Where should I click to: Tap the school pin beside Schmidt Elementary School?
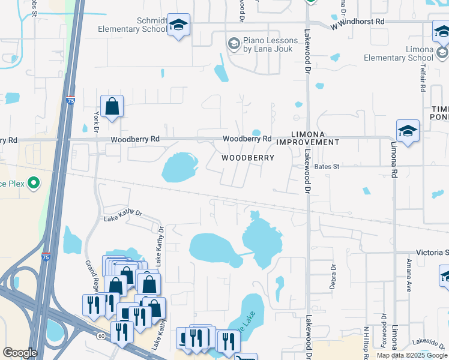(178, 25)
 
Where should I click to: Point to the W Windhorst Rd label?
(358, 22)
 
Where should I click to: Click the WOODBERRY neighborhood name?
(248, 158)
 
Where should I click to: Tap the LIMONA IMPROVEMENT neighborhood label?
(307, 138)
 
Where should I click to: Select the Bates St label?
(327, 166)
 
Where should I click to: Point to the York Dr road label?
(96, 122)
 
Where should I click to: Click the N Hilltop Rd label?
(366, 341)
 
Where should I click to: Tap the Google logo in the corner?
(20, 353)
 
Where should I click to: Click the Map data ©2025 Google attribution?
(412, 356)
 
